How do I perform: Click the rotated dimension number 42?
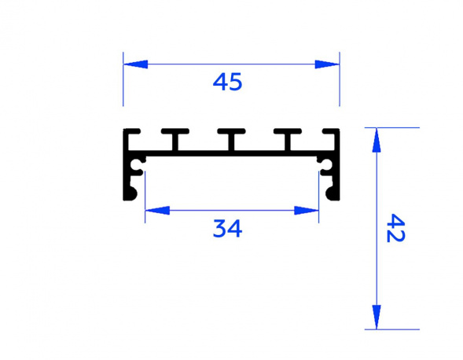395,229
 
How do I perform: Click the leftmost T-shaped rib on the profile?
175,139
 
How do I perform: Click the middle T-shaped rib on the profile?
232,139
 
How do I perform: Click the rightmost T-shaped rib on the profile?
289,139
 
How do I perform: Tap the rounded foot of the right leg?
332,193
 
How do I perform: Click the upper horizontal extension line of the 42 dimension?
393,127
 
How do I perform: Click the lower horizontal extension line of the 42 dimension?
393,329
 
